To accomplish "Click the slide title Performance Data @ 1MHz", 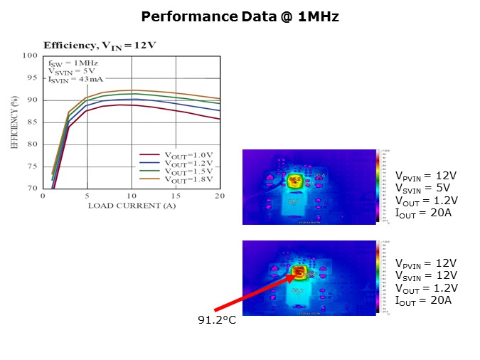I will (x=240, y=16).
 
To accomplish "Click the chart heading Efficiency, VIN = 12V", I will (x=100, y=45).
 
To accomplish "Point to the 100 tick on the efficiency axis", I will (x=30, y=55).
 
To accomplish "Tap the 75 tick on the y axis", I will (x=32, y=166).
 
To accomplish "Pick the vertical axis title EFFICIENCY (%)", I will (x=14, y=122).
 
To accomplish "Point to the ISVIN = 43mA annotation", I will (x=73, y=80).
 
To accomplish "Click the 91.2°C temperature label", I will (x=217, y=320).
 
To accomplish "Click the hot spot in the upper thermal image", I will (x=295, y=181).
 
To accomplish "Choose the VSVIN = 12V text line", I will (x=424, y=275).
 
